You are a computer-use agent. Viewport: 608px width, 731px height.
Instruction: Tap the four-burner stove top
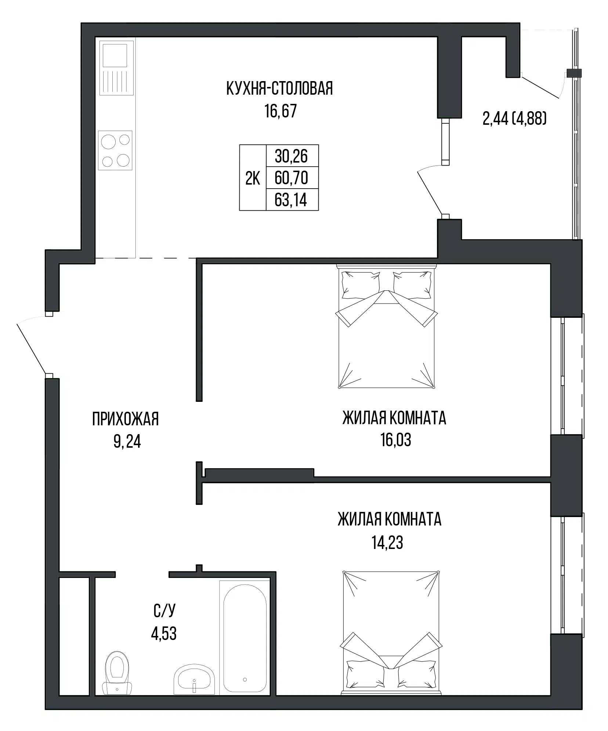(115, 150)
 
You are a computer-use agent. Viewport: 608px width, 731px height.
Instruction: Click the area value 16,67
(281, 111)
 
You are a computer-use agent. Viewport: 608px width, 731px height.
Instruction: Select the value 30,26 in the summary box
(291, 157)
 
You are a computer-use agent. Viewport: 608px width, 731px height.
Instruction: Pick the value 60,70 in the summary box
(291, 178)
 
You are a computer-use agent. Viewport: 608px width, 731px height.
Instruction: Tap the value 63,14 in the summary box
(291, 200)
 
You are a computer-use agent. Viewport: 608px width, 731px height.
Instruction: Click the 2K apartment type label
(253, 179)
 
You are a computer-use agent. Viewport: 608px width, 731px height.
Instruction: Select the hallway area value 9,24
(127, 442)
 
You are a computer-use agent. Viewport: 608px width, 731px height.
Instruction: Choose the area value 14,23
(387, 542)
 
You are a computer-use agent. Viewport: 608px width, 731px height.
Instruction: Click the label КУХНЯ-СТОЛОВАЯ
(280, 89)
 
